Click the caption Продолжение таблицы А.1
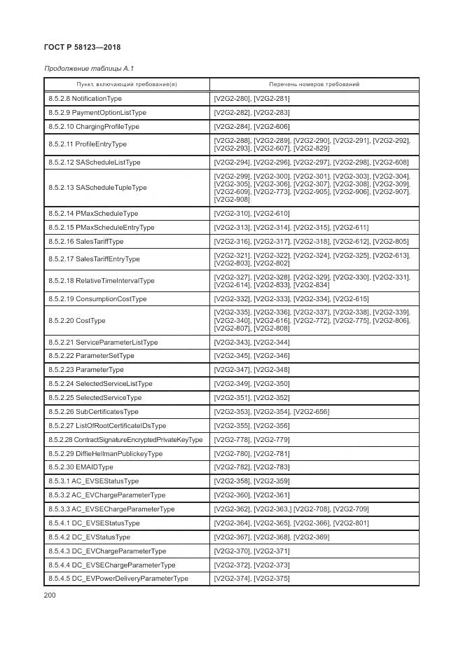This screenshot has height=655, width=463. tap(89, 69)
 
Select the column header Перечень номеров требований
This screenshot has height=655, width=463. tap(314, 84)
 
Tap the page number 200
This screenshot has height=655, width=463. tap(50, 595)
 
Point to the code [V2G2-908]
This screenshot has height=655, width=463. tap(232, 200)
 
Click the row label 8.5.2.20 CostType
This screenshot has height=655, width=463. tap(77, 320)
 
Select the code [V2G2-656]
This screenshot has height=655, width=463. tap(312, 411)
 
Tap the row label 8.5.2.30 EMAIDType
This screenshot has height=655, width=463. tap(81, 467)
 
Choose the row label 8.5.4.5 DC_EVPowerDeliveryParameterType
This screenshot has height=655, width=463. tap(118, 579)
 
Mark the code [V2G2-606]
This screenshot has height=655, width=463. tap(272, 127)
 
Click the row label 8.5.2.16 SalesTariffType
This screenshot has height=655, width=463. tap(85, 241)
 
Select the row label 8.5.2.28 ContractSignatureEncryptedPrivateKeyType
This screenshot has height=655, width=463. tap(125, 439)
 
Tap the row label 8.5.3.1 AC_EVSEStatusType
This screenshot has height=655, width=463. tap(94, 481)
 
